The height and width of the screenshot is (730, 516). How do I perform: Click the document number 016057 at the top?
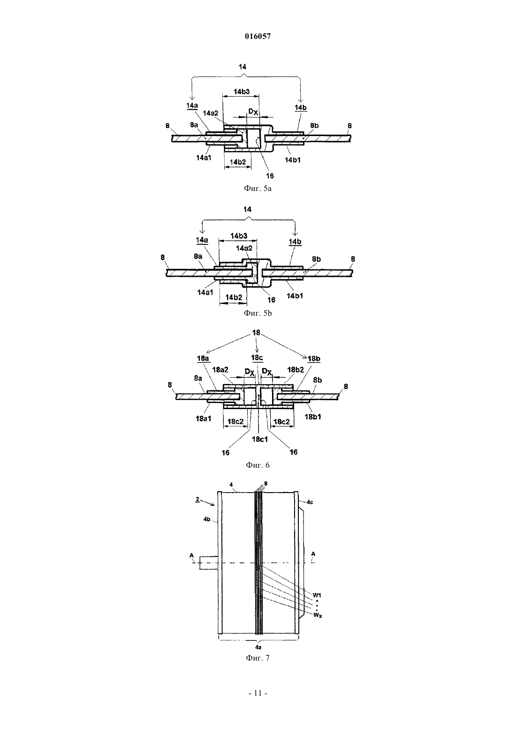(258, 37)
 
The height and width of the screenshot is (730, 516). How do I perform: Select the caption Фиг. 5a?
(258, 189)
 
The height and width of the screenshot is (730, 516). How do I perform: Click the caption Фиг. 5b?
(258, 313)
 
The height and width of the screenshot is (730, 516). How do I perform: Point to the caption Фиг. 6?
(258, 465)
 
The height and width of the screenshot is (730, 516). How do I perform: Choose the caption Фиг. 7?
(258, 658)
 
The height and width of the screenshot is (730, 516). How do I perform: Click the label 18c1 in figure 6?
(259, 439)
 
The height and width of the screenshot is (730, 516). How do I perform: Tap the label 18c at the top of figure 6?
(257, 357)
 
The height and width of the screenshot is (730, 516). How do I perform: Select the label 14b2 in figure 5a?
(238, 162)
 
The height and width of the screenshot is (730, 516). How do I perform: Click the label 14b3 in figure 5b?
(239, 236)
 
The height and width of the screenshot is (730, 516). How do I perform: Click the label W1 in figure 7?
(317, 595)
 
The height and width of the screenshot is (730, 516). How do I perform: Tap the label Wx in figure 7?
(318, 615)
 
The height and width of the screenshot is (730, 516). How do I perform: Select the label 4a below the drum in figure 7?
(258, 647)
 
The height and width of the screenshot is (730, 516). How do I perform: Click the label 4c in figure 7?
(310, 502)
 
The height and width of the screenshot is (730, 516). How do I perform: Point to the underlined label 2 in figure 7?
(197, 499)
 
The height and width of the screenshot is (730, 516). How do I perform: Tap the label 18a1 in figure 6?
(204, 418)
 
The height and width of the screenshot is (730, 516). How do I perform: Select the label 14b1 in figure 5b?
(295, 296)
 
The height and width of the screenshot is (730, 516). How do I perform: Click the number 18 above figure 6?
(257, 333)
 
